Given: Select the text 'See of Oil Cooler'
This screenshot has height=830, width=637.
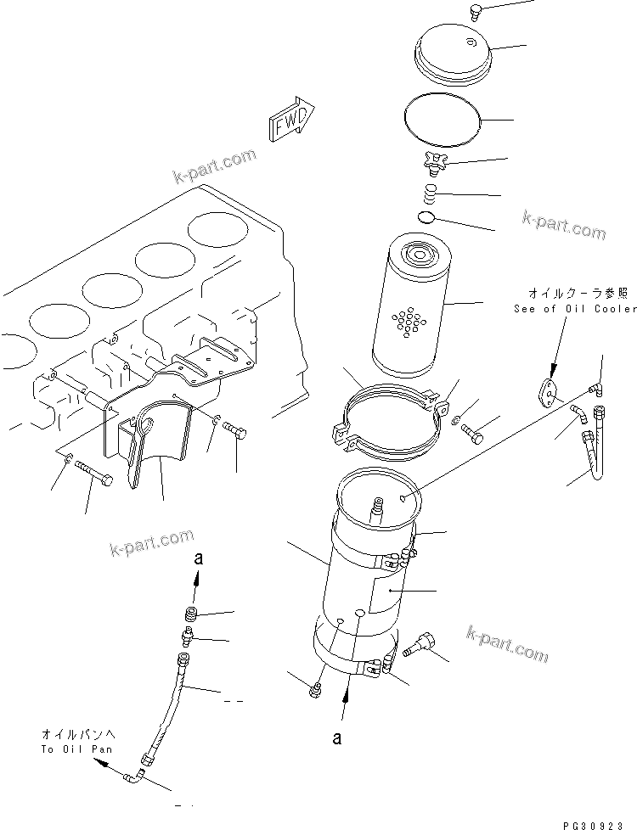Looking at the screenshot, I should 574,309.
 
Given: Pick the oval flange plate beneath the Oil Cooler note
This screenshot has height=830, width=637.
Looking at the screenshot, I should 550,392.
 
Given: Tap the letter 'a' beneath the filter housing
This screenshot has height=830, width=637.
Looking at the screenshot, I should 337,738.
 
